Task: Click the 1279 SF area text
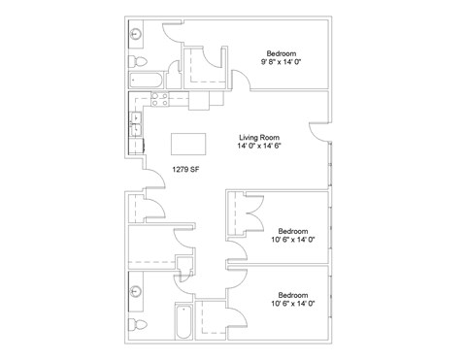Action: [185, 169]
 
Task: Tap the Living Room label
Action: [259, 138]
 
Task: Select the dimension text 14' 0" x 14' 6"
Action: [259, 146]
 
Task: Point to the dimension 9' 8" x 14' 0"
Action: [281, 62]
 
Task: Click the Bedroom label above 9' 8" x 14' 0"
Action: [282, 53]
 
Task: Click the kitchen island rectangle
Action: [188, 144]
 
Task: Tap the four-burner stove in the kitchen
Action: [160, 99]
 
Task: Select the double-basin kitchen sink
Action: [136, 124]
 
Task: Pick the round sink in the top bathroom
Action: [135, 34]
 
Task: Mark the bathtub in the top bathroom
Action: [146, 81]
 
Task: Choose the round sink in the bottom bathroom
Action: [135, 291]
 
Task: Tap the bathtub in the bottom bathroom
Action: [183, 321]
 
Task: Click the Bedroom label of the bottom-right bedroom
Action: [293, 295]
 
